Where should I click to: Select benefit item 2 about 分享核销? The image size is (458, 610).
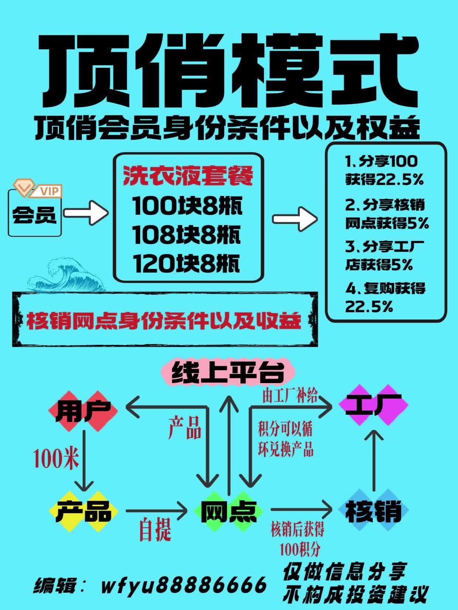pyautogui.click(x=386, y=214)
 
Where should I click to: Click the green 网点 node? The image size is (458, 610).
pyautogui.click(x=228, y=511)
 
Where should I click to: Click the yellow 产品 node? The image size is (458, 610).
pyautogui.click(x=84, y=511)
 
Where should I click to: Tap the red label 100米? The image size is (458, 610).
pyautogui.click(x=56, y=459)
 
